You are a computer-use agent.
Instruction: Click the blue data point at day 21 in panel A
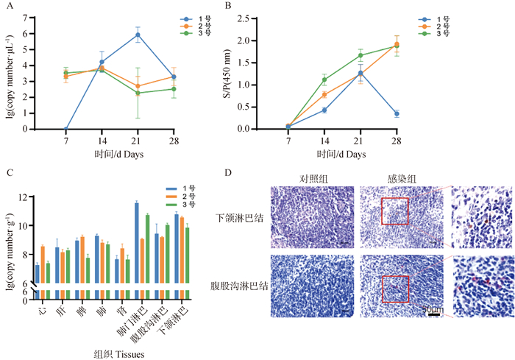point(138,35)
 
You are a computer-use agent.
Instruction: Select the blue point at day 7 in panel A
point(66,129)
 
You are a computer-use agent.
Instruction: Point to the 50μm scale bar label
point(430,311)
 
